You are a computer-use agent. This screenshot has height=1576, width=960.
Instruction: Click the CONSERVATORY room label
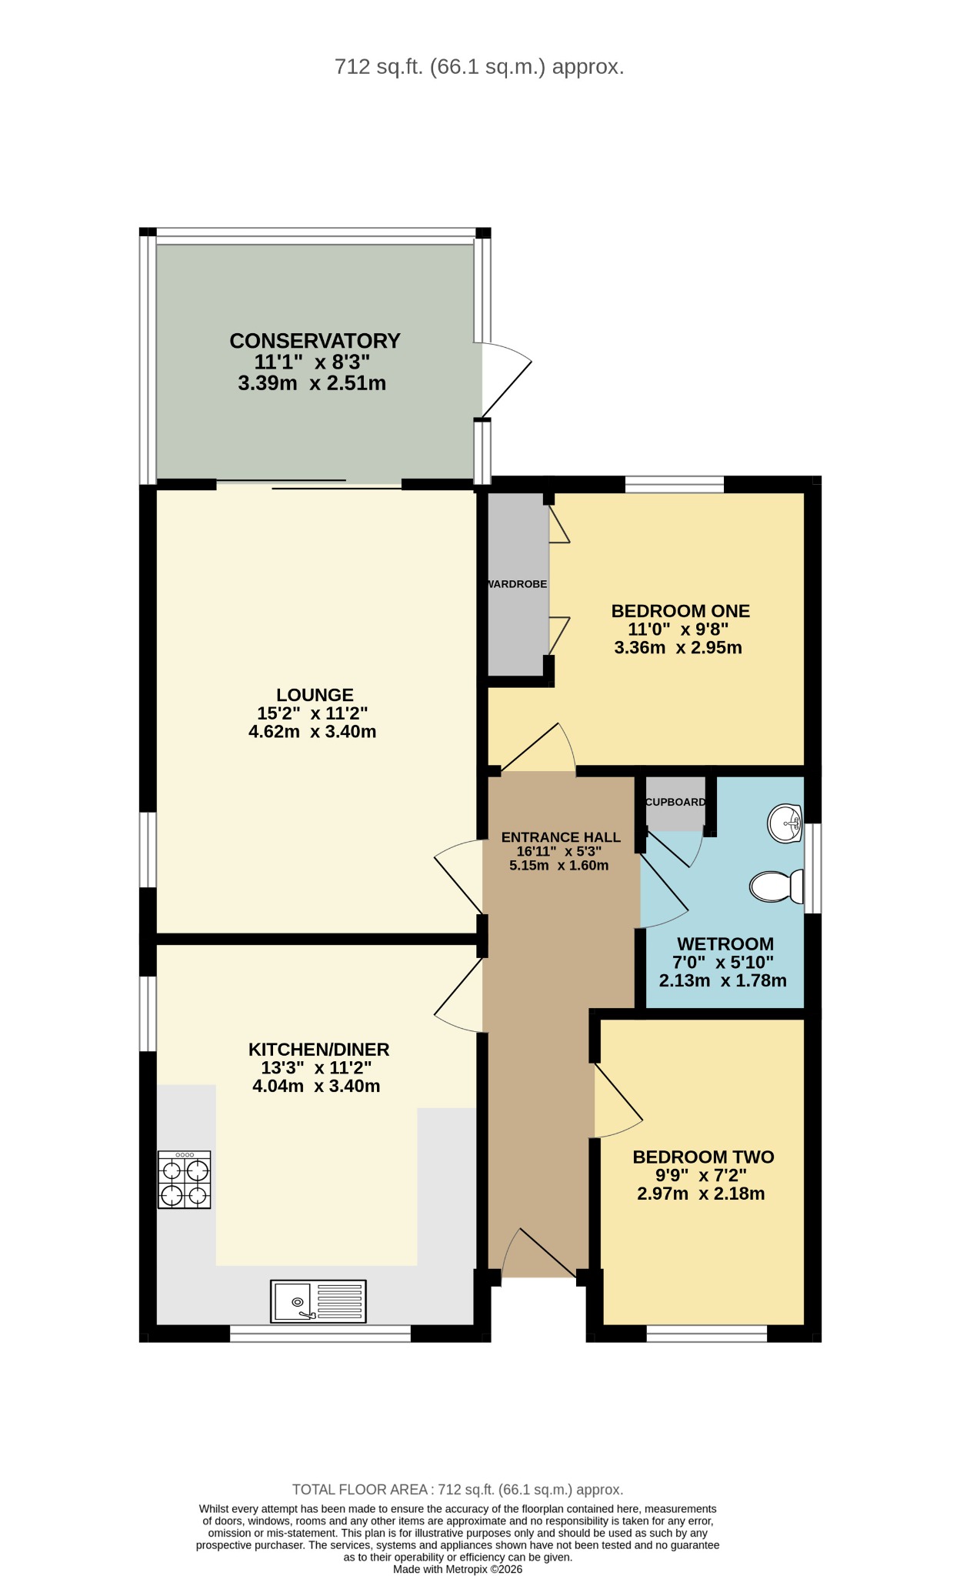coord(315,341)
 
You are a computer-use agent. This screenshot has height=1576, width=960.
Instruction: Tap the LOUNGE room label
coord(315,695)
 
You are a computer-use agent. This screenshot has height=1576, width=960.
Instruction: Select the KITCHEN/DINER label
coord(318,1050)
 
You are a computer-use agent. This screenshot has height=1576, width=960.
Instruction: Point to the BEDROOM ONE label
coord(680,611)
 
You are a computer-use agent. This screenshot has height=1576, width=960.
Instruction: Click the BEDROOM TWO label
coord(703,1157)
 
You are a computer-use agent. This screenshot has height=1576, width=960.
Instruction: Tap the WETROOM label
coord(725,944)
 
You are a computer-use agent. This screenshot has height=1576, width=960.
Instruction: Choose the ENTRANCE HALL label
coord(561,837)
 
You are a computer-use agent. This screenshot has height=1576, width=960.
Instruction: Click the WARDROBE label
coord(517,584)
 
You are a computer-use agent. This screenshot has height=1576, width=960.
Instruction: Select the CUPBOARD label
coord(675,802)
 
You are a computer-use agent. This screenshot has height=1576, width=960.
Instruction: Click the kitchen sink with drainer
coord(318,1301)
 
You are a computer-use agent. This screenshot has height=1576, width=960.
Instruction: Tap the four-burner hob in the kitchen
coord(184,1180)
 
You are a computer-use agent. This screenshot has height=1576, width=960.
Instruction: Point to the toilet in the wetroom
coord(777,886)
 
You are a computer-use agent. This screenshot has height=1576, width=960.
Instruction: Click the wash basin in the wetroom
coord(785,823)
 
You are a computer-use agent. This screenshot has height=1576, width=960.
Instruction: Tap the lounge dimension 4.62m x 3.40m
coord(312,732)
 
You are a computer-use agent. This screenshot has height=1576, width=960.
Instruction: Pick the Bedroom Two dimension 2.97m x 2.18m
coord(701,1194)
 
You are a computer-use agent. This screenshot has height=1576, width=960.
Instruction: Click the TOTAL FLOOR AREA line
coord(458,1490)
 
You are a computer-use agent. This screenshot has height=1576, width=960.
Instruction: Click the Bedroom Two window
coord(707,1334)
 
